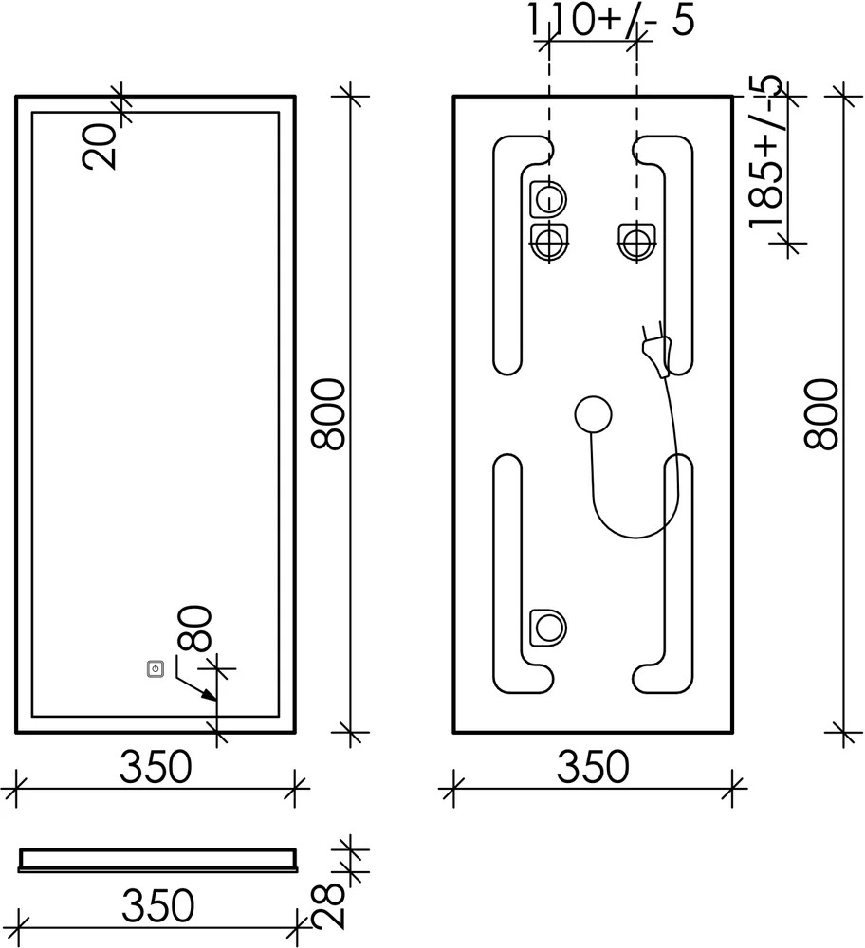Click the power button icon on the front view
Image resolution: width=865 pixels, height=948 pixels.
pyautogui.click(x=156, y=669)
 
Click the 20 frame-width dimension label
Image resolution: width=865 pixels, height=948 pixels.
pyautogui.click(x=100, y=146)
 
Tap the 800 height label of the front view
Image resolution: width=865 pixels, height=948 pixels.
pyautogui.click(x=327, y=414)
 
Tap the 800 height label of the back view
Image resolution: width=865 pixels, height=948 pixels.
pyautogui.click(x=820, y=414)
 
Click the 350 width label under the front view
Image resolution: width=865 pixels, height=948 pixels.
pyautogui.click(x=156, y=767)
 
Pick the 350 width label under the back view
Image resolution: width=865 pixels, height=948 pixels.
pyautogui.click(x=593, y=767)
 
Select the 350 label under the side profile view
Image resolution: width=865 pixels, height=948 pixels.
pyautogui.click(x=157, y=905)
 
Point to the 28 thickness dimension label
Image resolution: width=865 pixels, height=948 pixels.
pyautogui.click(x=328, y=906)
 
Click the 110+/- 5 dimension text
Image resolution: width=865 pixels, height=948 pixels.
pyautogui.click(x=611, y=19)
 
